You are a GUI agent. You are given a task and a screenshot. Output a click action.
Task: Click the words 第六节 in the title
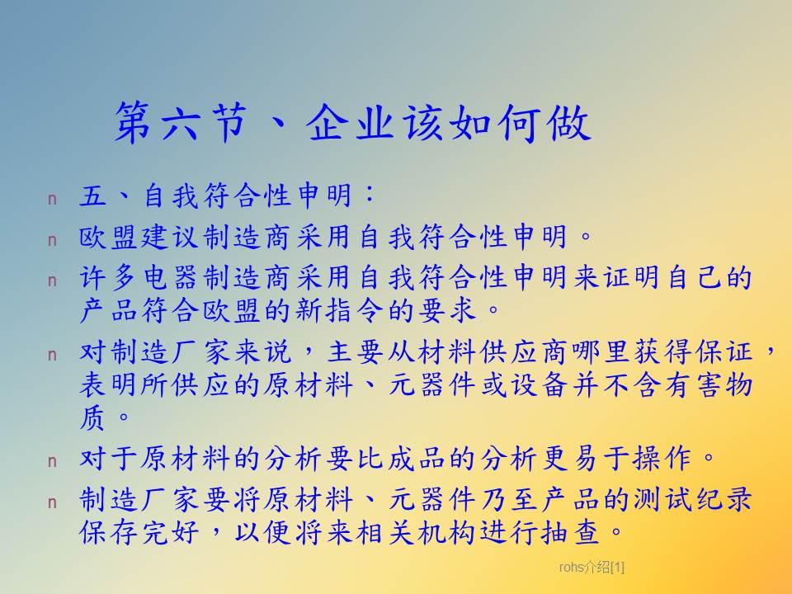coord(181,122)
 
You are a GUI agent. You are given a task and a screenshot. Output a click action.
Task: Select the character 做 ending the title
coord(568,122)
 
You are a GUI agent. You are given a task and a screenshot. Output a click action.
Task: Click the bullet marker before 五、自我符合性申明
coord(52,199)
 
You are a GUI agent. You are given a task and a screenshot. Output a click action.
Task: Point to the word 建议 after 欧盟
coord(156,237)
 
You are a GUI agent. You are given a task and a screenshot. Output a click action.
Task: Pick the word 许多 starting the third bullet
coord(110,277)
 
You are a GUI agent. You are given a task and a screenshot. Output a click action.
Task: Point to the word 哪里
coord(600,351)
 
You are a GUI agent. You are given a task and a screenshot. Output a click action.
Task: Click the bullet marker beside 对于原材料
coord(52,461)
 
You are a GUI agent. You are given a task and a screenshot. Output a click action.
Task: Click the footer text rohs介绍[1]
coord(592,568)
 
